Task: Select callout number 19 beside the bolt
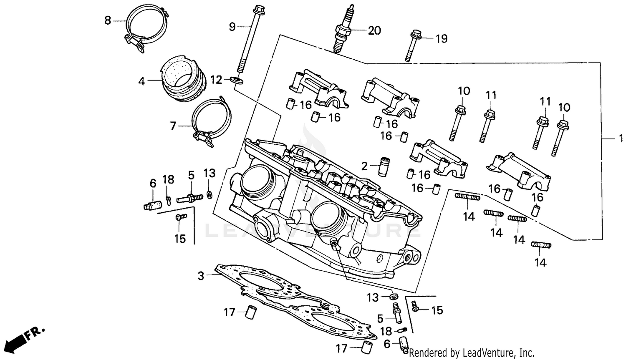pos(441,39)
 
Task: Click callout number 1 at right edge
pos(620,138)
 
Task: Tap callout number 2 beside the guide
pos(364,166)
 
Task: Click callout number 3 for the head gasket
pos(201,276)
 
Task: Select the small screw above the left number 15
pos(181,217)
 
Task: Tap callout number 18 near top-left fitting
pos(168,180)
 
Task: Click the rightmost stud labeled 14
pos(541,245)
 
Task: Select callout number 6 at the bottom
pos(387,344)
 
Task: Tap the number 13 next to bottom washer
pos(373,297)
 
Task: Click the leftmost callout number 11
pos(491,95)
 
